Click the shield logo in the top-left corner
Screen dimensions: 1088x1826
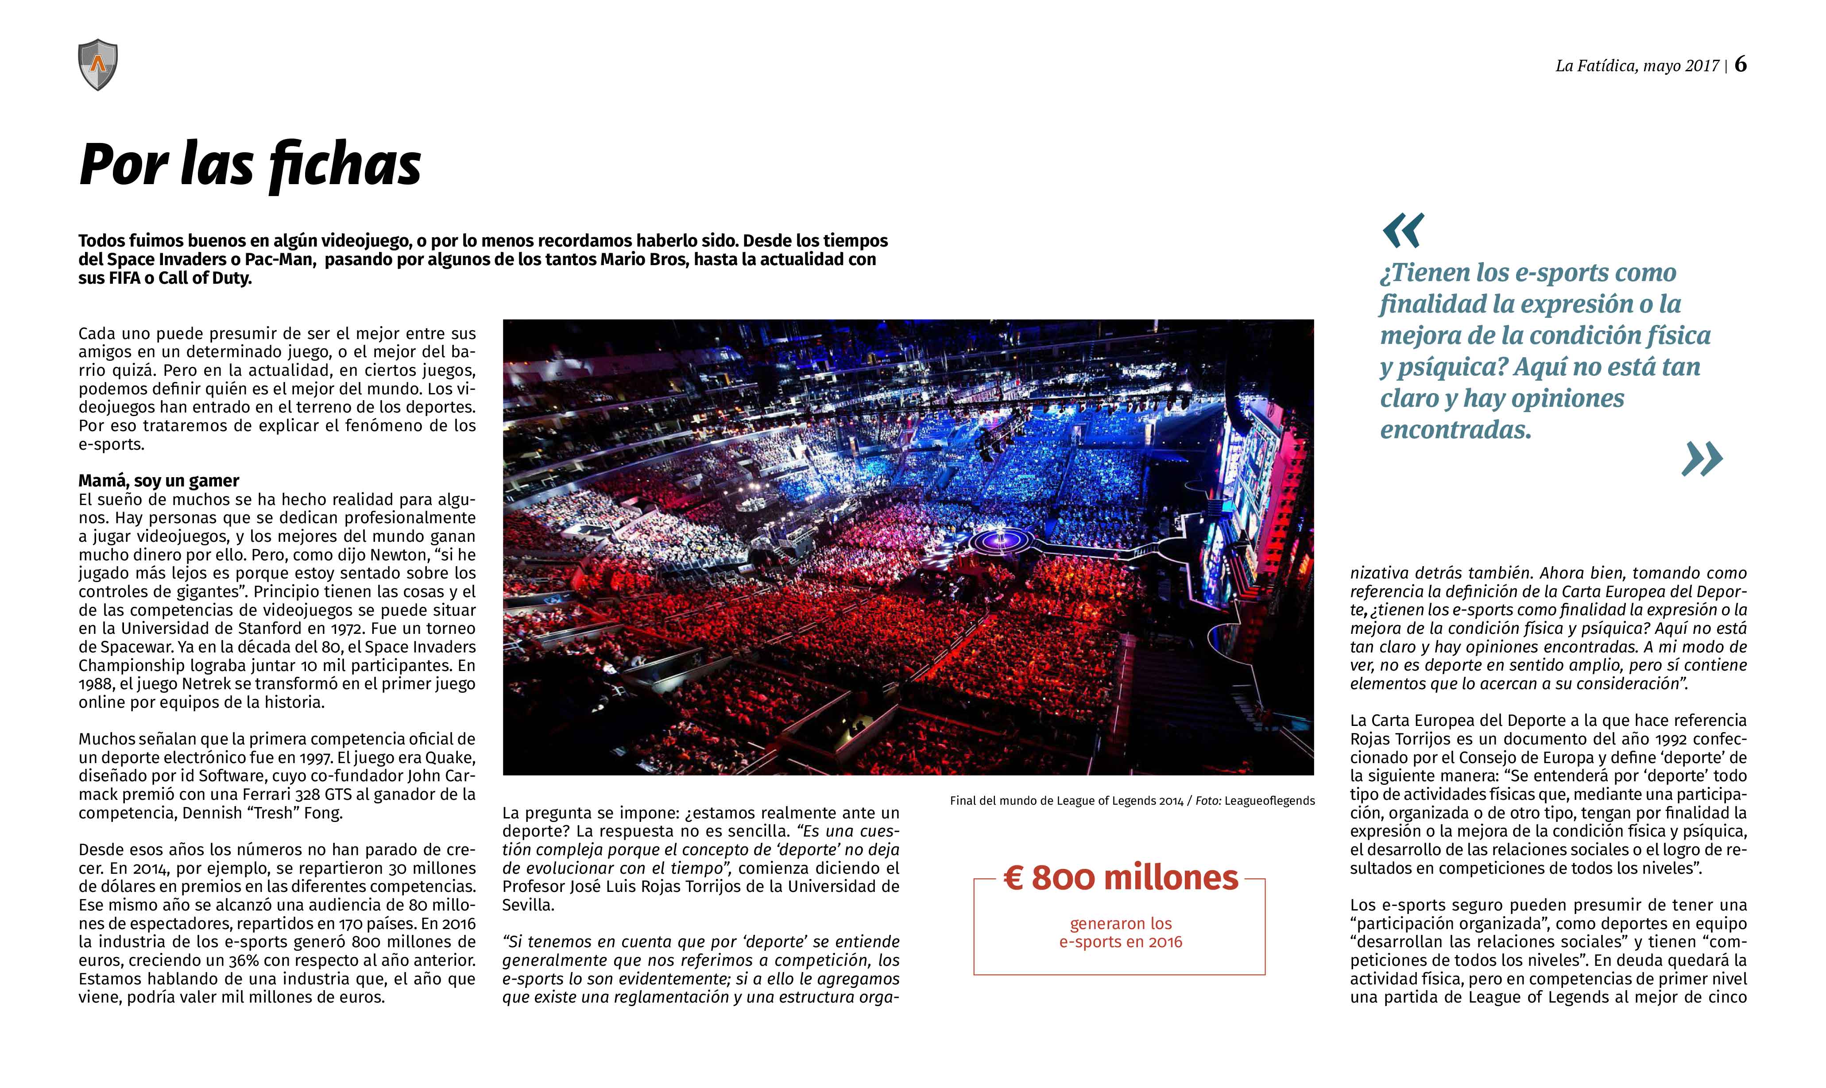coord(97,65)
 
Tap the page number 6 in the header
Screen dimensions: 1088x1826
coord(1740,65)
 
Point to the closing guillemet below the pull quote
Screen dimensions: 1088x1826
coord(1701,460)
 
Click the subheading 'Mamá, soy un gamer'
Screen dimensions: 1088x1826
coord(159,481)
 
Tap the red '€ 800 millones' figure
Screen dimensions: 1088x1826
coord(1121,878)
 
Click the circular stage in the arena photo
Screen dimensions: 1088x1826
coord(1002,541)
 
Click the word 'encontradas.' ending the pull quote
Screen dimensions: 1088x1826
coord(1456,430)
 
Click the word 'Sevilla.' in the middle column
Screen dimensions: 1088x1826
coord(528,906)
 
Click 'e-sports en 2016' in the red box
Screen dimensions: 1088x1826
coord(1121,942)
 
